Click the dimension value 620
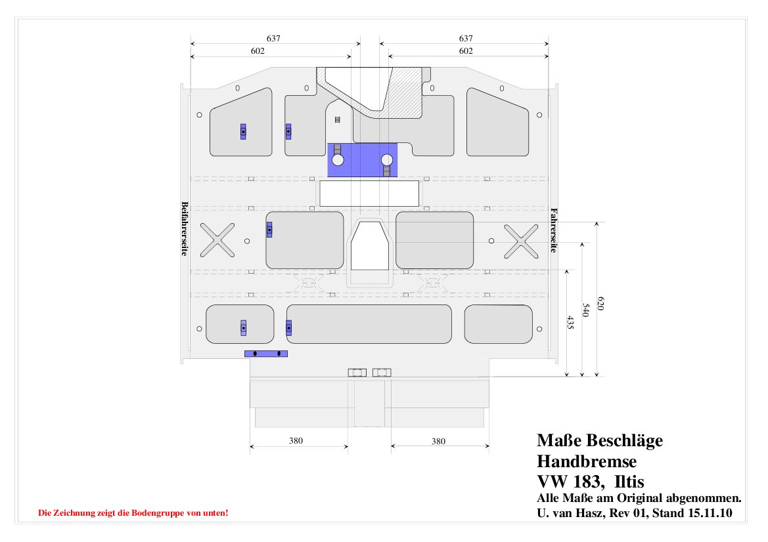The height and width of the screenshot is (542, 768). [x=600, y=303]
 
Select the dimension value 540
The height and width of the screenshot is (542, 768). [x=586, y=310]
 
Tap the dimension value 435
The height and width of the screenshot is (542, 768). [x=571, y=322]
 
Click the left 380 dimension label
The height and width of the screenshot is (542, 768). [x=296, y=441]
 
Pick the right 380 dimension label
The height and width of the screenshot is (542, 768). [x=438, y=441]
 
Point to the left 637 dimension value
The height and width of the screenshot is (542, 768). [x=273, y=38]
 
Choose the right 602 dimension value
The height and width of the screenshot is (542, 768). [x=466, y=51]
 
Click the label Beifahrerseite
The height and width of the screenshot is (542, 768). [x=185, y=228]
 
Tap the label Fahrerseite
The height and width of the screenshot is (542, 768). [x=554, y=230]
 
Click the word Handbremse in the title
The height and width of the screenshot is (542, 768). [x=587, y=461]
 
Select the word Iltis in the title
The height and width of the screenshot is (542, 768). [x=629, y=482]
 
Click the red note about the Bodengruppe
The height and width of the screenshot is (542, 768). [x=133, y=513]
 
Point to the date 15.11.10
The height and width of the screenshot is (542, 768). [x=710, y=513]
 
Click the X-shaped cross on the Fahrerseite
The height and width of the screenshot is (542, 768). [x=521, y=241]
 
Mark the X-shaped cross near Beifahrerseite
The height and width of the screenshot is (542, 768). [x=217, y=240]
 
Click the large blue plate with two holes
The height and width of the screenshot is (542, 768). [x=362, y=160]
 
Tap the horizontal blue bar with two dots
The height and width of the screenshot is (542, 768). [x=266, y=354]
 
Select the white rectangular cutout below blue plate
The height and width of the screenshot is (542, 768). [x=369, y=194]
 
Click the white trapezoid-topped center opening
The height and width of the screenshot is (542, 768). [x=370, y=245]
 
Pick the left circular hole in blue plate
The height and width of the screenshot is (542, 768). [x=338, y=160]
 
